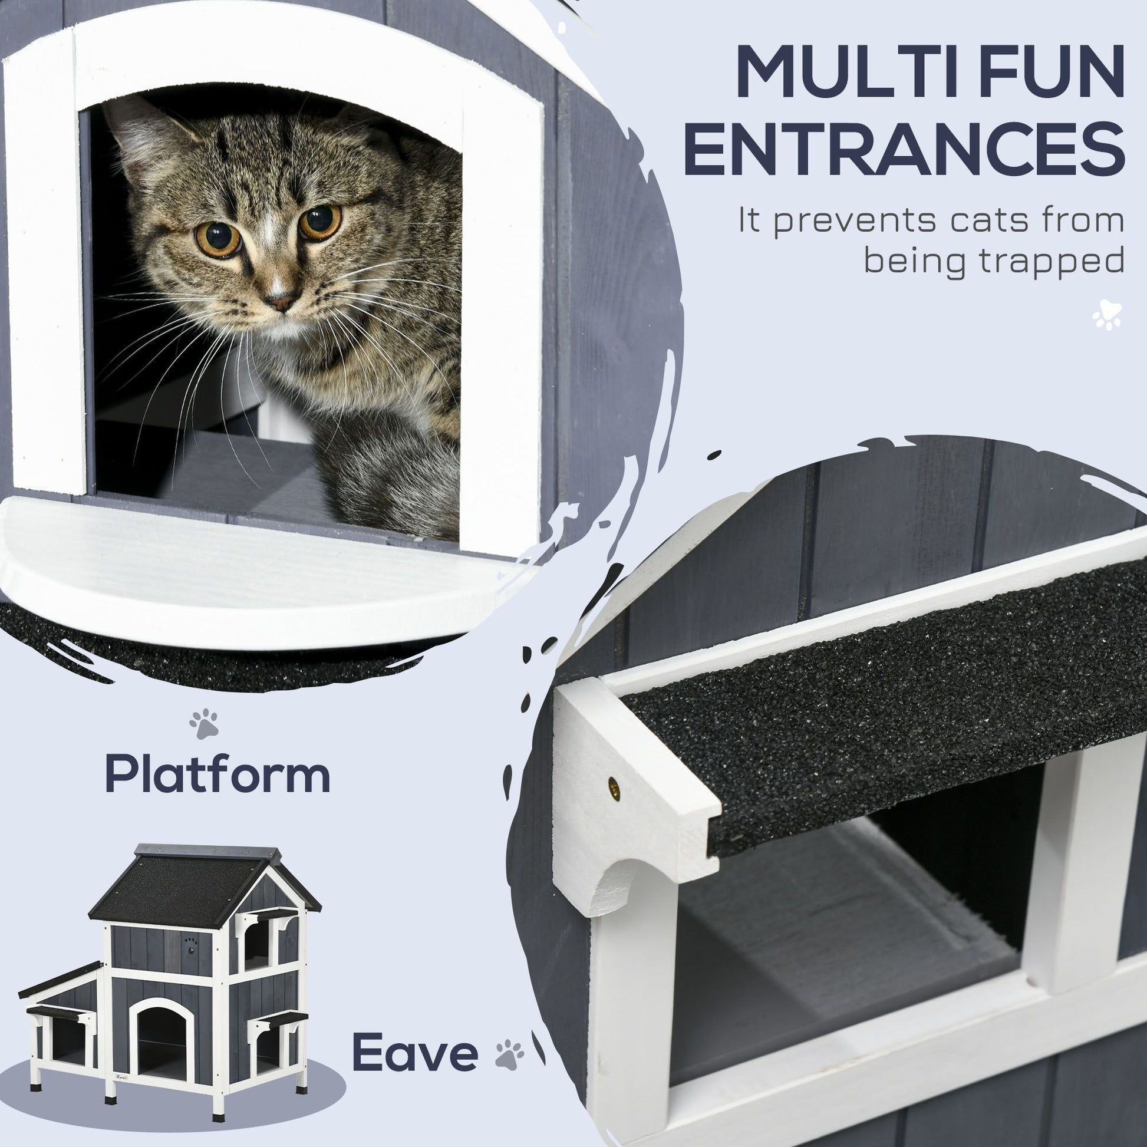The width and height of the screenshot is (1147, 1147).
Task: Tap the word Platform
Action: coord(217,774)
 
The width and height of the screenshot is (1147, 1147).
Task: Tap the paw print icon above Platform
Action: coord(204,723)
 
